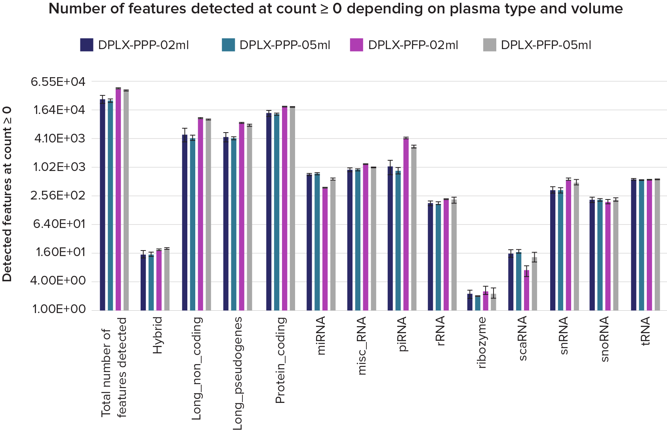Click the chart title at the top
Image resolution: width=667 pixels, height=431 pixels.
[335, 9]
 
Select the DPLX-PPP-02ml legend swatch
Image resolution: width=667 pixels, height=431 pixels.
[87, 45]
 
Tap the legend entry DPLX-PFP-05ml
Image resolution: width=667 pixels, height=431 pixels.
[546, 45]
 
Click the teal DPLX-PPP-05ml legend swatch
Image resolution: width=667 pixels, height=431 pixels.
[229, 45]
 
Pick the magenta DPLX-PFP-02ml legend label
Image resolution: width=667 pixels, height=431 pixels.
[413, 45]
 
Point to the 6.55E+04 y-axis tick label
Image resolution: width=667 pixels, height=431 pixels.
[58, 82]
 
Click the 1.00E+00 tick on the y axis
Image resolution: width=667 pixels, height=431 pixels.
[59, 309]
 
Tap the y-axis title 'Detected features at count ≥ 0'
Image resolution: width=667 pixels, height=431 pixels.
[7, 194]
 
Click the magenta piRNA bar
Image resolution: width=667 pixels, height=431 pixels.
[406, 224]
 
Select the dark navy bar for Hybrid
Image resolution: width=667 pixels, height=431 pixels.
[143, 282]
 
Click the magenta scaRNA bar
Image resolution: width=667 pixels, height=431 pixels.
[526, 290]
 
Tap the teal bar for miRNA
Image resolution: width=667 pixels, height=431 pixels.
[317, 241]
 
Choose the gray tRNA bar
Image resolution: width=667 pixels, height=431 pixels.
[657, 245]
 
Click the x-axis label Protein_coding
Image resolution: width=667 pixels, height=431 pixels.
[280, 360]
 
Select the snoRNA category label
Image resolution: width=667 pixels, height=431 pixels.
[605, 339]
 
